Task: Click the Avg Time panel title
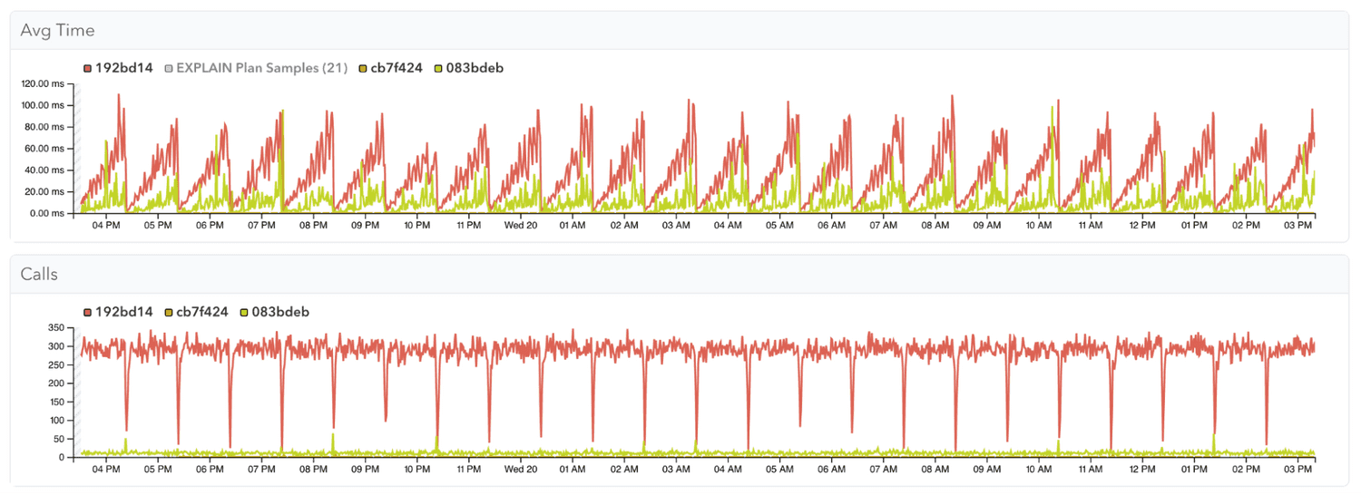pyautogui.click(x=57, y=31)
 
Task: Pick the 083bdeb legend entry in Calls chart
pyautogui.click(x=278, y=312)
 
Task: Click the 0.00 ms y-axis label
pyautogui.click(x=52, y=214)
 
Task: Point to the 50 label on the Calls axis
pyautogui.click(x=60, y=439)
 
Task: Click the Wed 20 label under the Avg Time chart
pyautogui.click(x=521, y=225)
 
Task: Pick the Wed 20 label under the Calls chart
pyautogui.click(x=521, y=469)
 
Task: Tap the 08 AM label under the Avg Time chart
pyautogui.click(x=935, y=225)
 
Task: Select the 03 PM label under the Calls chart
pyautogui.click(x=1299, y=469)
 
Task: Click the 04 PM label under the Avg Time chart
pyautogui.click(x=106, y=225)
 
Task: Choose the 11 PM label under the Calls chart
pyautogui.click(x=469, y=469)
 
